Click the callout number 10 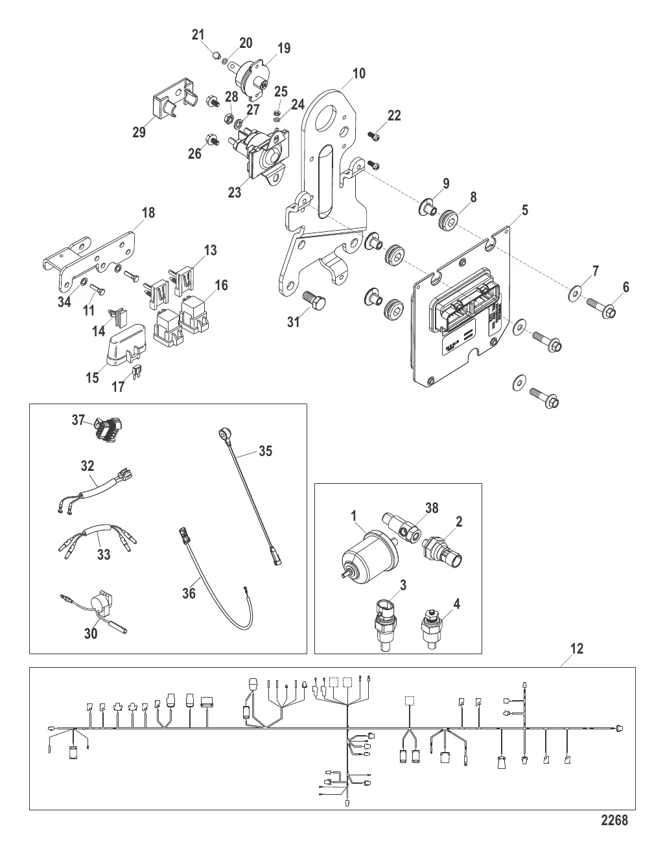coord(358,73)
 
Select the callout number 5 coord(524,210)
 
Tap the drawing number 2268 coord(614,820)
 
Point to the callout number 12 coord(577,648)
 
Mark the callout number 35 coord(265,451)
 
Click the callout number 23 coord(234,192)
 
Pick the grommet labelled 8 coord(447,220)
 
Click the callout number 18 coord(148,213)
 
